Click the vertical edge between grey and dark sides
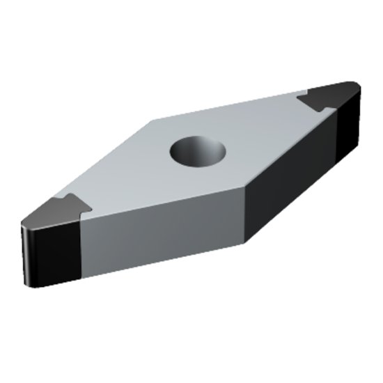(244, 216)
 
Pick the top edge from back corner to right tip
(230, 106)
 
